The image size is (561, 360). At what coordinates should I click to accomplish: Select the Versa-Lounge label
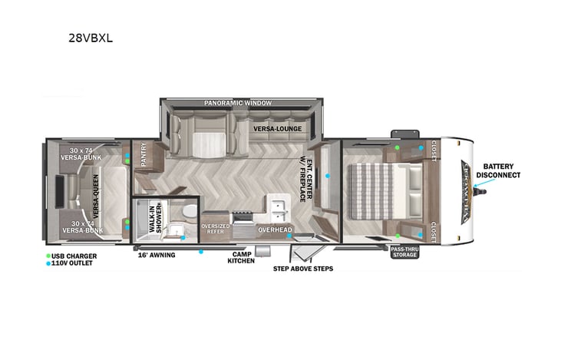coord(276,128)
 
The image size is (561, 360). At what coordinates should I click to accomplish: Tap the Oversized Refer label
coord(215,228)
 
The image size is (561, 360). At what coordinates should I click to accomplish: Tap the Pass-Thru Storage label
coord(404,253)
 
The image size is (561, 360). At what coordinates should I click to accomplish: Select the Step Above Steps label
coord(303,269)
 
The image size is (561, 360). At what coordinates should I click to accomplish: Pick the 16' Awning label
coord(157,254)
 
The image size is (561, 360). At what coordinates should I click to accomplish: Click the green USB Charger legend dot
coord(48,255)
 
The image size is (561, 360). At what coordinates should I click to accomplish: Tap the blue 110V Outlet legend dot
coord(48,263)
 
